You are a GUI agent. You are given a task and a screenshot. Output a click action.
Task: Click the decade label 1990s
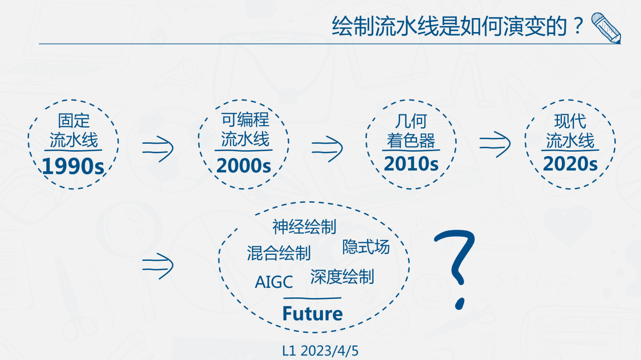click(73, 166)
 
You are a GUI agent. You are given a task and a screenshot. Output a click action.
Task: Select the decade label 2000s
click(243, 165)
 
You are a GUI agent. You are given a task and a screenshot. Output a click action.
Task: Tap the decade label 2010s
click(411, 164)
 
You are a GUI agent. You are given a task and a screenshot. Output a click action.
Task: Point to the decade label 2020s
click(570, 164)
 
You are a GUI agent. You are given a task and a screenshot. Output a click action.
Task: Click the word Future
click(312, 313)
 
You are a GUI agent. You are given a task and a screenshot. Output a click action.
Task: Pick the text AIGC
click(274, 282)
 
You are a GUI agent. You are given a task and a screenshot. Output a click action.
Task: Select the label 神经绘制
click(304, 227)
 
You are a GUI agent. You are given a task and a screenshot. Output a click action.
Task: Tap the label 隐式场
click(366, 247)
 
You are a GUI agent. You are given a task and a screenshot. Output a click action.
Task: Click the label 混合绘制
click(279, 253)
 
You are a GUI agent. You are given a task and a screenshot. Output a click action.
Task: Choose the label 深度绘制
click(342, 277)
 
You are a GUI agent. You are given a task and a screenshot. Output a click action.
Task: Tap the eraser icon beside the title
click(606, 28)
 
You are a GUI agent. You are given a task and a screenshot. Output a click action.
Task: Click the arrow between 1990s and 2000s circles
click(158, 149)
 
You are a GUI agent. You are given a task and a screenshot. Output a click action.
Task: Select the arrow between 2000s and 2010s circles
click(328, 149)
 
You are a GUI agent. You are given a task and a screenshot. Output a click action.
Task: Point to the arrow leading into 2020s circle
click(495, 144)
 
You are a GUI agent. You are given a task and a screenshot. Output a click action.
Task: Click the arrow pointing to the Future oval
click(158, 266)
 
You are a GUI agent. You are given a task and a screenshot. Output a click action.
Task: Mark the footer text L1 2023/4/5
click(320, 351)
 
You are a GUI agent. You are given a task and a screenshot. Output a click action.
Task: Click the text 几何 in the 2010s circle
click(411, 121)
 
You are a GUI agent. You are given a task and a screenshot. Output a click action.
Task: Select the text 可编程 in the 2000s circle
click(245, 119)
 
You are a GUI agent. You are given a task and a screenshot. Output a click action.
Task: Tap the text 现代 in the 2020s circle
click(570, 121)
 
